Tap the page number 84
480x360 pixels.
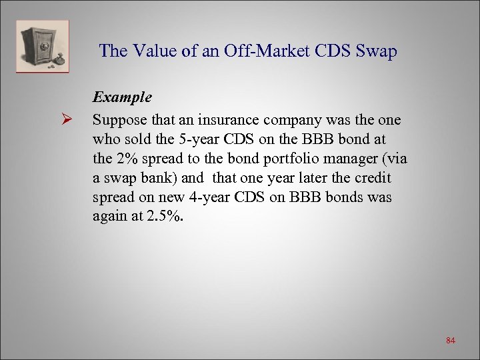coord(451,341)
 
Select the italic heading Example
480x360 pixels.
coord(122,97)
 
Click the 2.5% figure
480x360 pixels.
coord(166,217)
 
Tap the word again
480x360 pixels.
coord(111,217)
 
